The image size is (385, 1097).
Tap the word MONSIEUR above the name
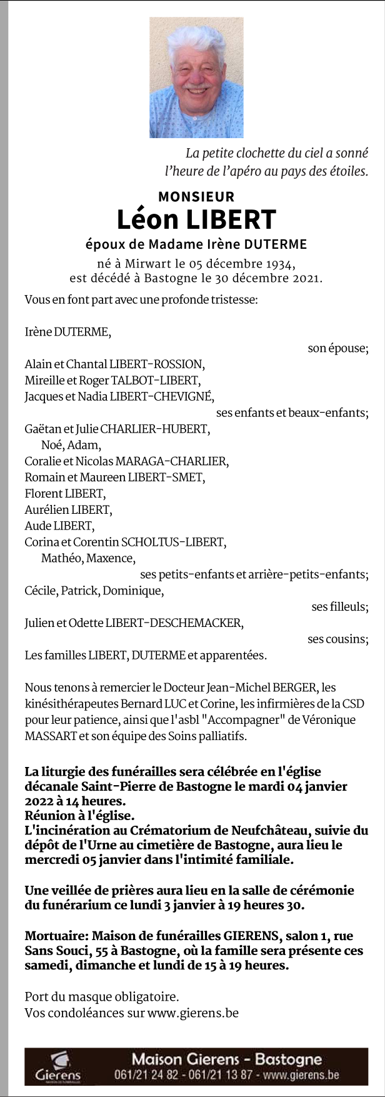[x=196, y=197]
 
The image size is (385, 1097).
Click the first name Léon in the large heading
[x=144, y=219]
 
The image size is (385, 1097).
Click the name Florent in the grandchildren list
[x=43, y=494]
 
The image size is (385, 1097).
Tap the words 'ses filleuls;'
[x=339, y=607]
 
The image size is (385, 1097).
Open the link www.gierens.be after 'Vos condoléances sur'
[x=193, y=1013]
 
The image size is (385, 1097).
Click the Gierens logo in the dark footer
[x=58, y=1066]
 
